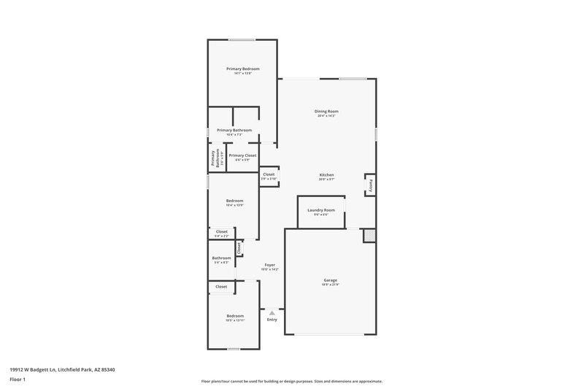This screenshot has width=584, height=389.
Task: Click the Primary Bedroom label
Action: pos(242,69)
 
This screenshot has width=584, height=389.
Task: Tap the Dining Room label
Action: pos(326,111)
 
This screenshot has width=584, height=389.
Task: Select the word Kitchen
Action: pos(326,175)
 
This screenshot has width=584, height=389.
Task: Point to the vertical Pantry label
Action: pos(371,184)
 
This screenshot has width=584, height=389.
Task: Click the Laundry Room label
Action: pos(321,210)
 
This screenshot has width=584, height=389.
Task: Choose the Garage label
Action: pos(330,280)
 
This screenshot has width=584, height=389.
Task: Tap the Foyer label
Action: pos(269,265)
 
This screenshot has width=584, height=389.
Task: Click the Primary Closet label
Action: pos(242,155)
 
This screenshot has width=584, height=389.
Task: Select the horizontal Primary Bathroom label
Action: pos(234,130)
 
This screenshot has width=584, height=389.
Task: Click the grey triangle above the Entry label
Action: pos(272,312)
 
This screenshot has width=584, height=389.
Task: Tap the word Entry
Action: pos(272,320)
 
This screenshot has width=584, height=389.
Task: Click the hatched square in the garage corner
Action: pos(370,235)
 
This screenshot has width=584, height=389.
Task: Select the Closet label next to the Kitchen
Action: pos(269,174)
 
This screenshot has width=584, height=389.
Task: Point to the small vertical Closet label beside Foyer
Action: pos(238,247)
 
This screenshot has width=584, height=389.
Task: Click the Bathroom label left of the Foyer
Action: pos(221,258)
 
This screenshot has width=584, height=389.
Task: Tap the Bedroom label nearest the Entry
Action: pos(234,316)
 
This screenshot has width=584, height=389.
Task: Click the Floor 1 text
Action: pos(18,380)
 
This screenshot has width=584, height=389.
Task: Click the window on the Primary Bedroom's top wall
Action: pos(242,39)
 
